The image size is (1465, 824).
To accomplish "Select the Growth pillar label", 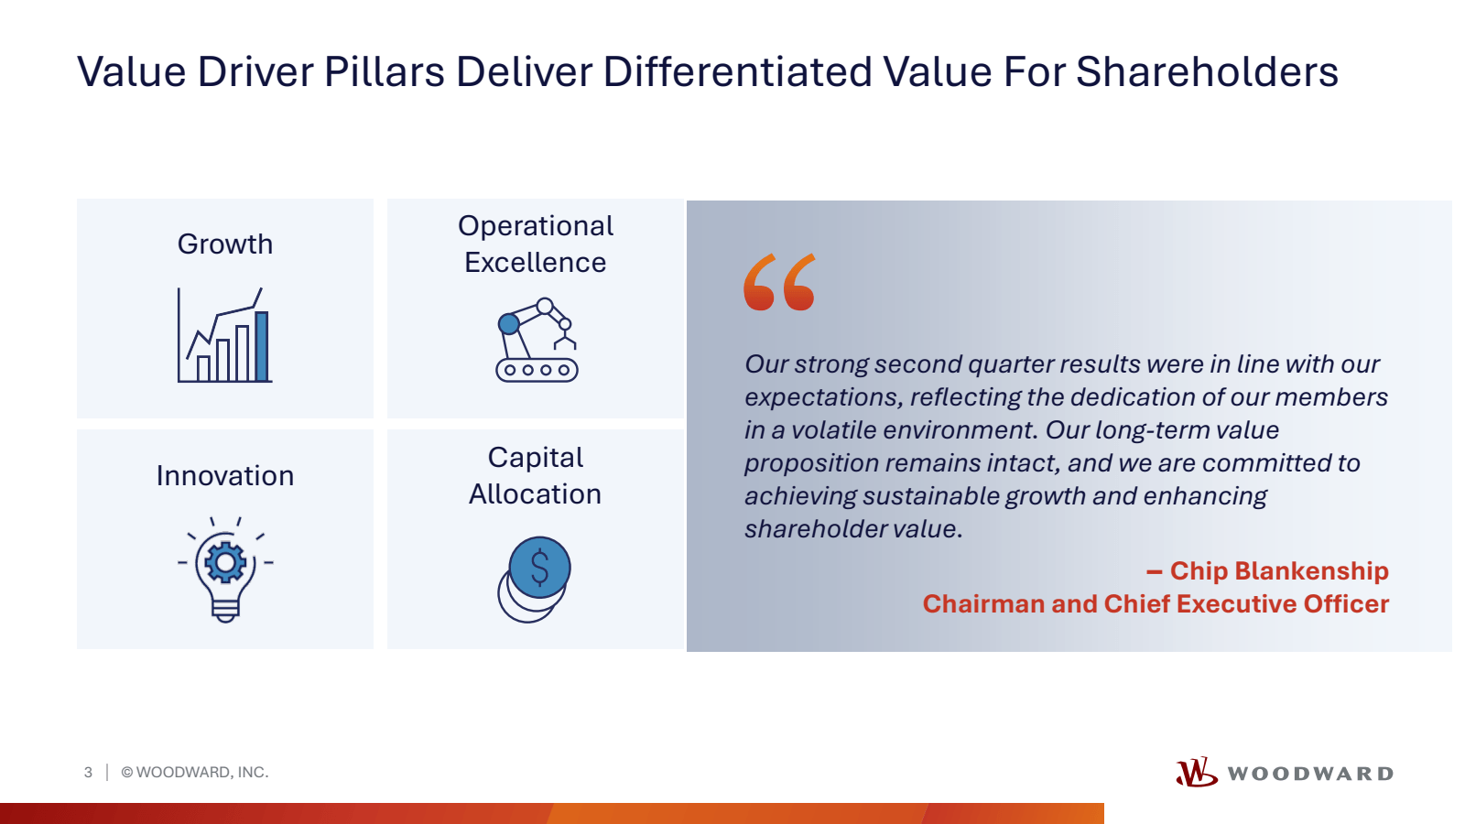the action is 225,244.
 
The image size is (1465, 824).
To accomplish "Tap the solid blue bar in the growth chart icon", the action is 262,347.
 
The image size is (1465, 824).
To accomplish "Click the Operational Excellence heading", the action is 536,244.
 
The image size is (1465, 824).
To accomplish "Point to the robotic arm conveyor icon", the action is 537,340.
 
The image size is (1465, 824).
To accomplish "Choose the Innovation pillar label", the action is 225,475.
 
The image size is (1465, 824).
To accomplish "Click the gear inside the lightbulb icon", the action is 225,562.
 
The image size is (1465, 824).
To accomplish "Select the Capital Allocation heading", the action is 536,475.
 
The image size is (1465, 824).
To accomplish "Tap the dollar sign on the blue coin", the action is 539,567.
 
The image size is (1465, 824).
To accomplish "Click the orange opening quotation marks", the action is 779,282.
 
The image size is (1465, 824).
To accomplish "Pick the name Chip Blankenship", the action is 1279,571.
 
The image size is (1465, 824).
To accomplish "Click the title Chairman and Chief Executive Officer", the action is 1156,603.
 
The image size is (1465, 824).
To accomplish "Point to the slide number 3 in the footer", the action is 88,773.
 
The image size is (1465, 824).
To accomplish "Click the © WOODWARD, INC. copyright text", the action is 195,773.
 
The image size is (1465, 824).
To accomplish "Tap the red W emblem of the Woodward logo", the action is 1196,773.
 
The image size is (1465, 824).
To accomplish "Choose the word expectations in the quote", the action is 824,398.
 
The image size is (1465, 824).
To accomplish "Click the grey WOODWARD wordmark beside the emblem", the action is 1310,774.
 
